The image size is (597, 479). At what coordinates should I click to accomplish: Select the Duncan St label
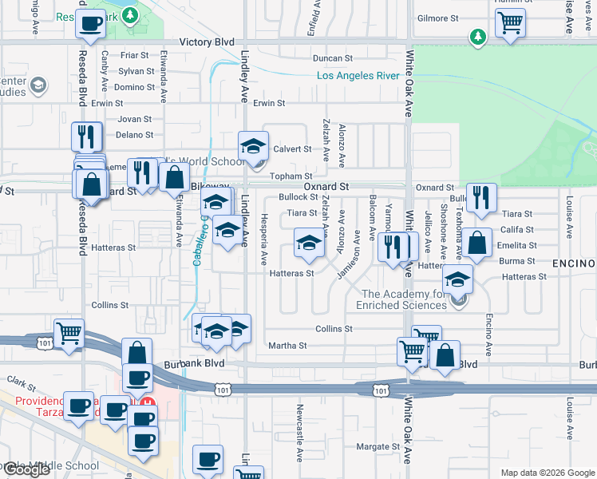point(333,58)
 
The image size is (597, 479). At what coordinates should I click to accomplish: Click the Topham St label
point(291,176)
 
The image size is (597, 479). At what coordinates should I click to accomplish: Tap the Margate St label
point(378,447)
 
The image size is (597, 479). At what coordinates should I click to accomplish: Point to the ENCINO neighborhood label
point(574,263)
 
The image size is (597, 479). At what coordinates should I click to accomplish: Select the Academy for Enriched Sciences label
point(405,299)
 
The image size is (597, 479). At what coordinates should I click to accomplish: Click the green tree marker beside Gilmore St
point(477,37)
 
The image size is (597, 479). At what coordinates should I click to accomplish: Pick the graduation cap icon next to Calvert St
point(254,145)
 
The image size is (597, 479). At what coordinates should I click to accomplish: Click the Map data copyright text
point(547,473)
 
